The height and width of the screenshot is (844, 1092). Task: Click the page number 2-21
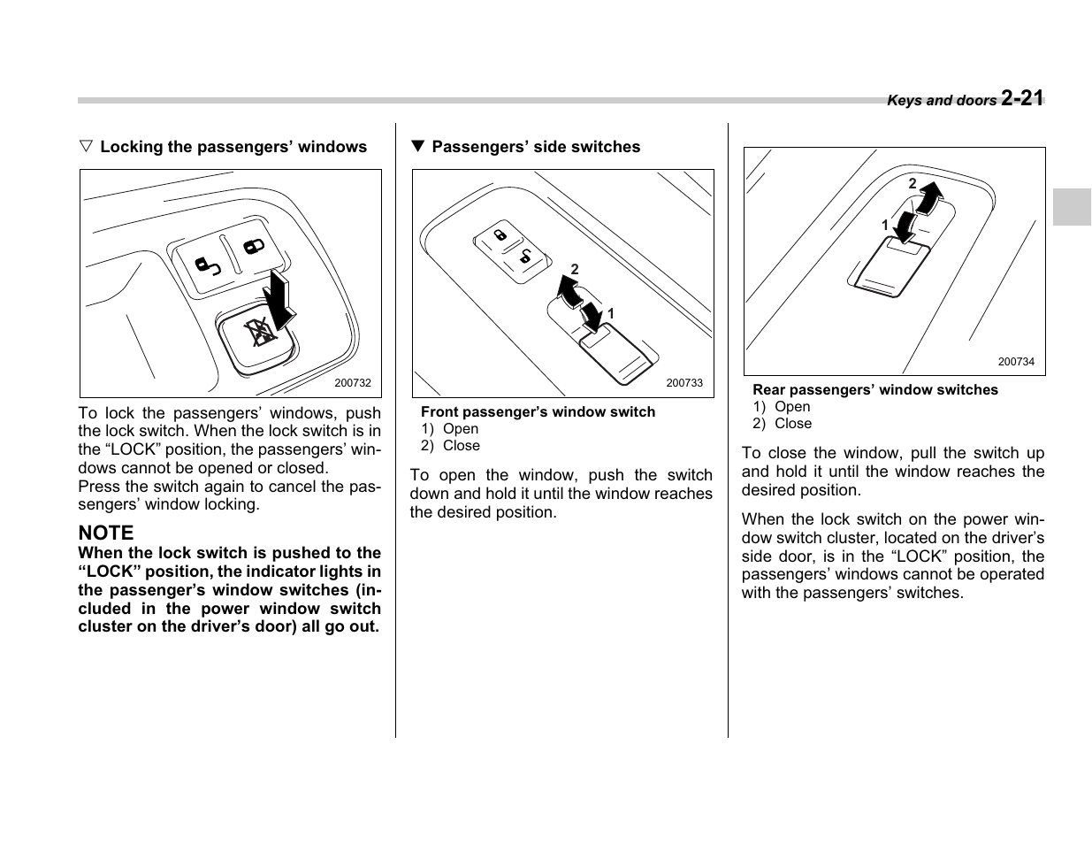[1023, 98]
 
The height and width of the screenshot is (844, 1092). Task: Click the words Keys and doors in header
[941, 101]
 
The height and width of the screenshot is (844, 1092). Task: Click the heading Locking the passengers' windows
[233, 147]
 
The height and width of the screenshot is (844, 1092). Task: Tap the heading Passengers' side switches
[535, 147]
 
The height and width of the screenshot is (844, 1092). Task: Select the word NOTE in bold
[106, 533]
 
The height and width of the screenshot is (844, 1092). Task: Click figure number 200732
[353, 383]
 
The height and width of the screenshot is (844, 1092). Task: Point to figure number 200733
[684, 383]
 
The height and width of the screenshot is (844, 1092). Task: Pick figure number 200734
[1016, 362]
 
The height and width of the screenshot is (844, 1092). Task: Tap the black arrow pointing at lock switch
[280, 299]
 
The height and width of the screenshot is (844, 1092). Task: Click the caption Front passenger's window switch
[538, 411]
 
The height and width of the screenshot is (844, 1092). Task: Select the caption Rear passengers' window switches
[874, 390]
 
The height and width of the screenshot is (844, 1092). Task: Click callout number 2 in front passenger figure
[574, 269]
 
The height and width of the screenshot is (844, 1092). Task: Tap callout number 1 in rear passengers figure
[884, 226]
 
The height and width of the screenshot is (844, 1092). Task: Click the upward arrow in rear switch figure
[929, 196]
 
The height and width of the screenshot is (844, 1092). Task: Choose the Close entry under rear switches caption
[792, 424]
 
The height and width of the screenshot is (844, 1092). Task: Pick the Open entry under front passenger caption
[460, 429]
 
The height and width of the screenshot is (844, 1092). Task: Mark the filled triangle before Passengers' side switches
[418, 147]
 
